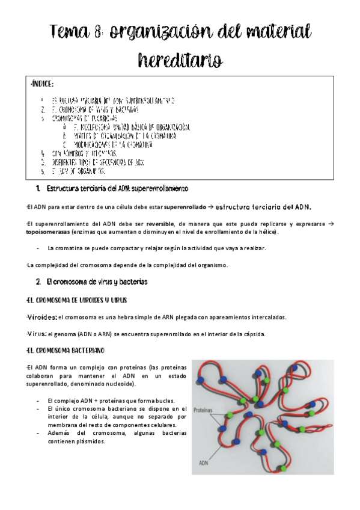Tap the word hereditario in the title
coord(180,60)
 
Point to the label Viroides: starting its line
coord(42,317)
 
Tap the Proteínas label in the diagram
coord(204,410)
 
